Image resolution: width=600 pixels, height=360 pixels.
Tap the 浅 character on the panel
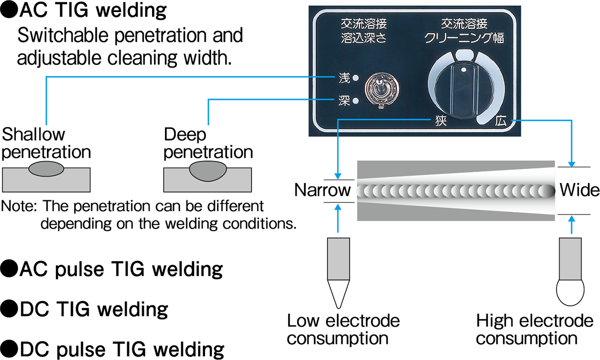[343, 78]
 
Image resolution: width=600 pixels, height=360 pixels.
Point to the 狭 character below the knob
[440, 121]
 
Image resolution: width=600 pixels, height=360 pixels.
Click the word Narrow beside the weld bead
[322, 190]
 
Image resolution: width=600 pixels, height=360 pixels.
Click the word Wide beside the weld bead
[579, 190]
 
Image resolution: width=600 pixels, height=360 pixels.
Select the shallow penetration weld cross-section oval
[46, 168]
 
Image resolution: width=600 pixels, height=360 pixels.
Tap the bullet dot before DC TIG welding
[8, 309]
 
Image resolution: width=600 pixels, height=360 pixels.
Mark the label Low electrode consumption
[343, 329]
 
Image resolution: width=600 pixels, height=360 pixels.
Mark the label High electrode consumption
[534, 329]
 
